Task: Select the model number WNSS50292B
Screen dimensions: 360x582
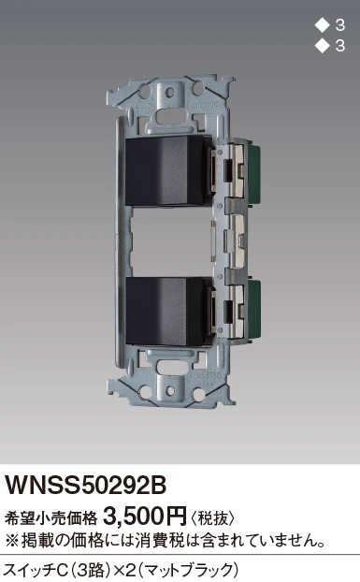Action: pyautogui.click(x=85, y=485)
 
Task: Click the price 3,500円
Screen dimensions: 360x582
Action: pyautogui.click(x=145, y=516)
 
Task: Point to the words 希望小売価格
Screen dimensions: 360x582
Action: pyautogui.click(x=50, y=517)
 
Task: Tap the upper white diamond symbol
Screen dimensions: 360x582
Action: pyautogui.click(x=322, y=25)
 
